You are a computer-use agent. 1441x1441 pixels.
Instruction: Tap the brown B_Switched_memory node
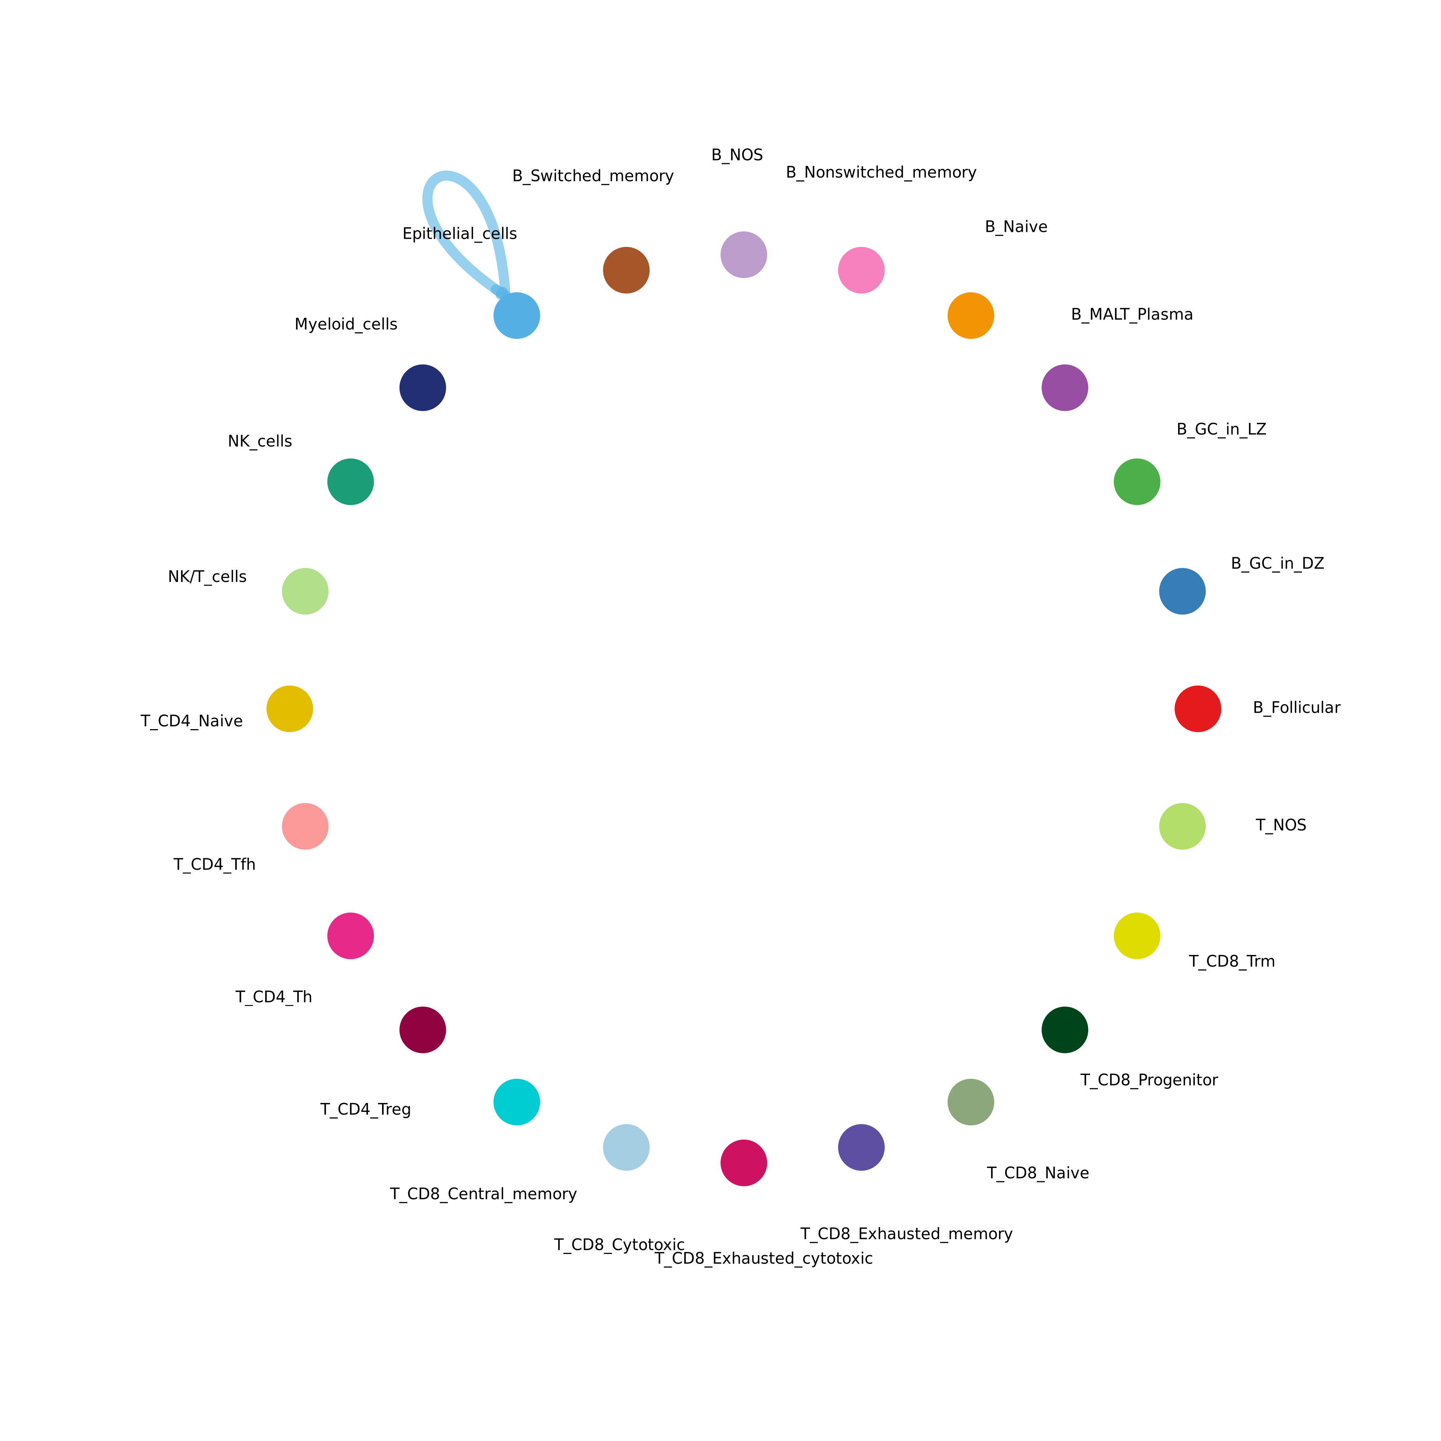(626, 270)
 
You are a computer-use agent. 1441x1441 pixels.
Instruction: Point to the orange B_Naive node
(971, 315)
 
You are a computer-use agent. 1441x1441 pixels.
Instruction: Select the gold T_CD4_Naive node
(289, 708)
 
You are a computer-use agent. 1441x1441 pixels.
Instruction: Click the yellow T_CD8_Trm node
(1137, 935)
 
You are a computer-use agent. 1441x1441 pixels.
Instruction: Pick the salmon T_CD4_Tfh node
(305, 826)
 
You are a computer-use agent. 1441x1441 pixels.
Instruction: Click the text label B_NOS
(737, 155)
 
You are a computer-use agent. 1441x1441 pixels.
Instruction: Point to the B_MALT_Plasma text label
(1131, 315)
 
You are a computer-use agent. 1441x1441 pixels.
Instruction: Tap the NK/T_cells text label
(207, 576)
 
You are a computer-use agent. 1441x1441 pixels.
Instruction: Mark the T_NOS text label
(1281, 826)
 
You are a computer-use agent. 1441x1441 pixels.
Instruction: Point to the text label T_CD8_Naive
(1038, 1173)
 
